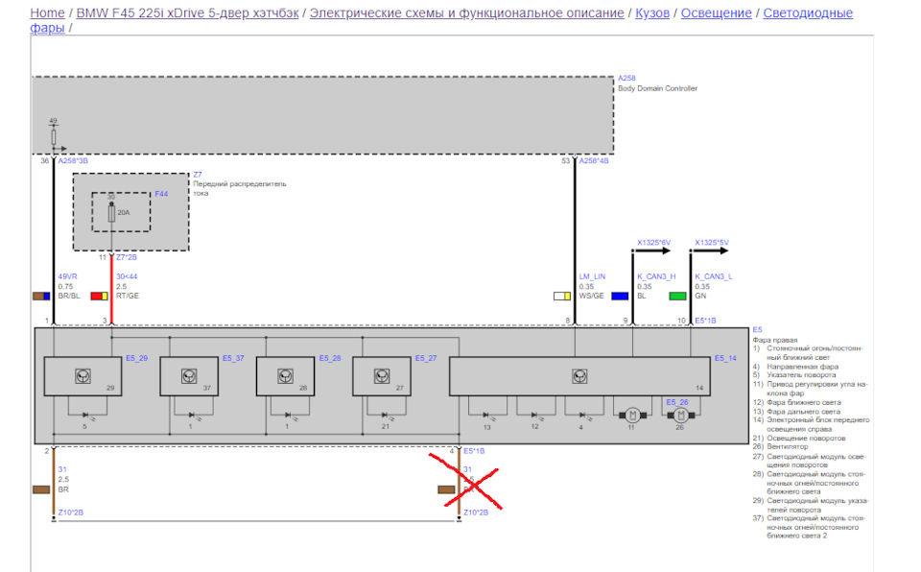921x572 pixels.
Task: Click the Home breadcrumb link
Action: point(48,13)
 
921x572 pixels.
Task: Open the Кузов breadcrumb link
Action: point(652,13)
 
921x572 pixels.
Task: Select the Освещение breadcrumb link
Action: point(716,13)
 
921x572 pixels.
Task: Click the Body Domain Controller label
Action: point(657,88)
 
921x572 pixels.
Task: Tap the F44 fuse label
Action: point(161,193)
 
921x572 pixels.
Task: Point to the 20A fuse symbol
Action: point(112,212)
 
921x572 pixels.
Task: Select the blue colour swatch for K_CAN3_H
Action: point(620,298)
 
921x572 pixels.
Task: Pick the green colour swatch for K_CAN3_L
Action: point(677,298)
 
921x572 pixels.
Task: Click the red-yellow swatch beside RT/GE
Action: point(99,298)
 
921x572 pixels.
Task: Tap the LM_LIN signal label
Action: point(592,276)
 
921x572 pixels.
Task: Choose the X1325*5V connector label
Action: point(712,242)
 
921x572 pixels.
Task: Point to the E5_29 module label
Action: point(136,358)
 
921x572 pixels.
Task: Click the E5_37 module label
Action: point(233,358)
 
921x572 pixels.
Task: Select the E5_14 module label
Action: point(725,358)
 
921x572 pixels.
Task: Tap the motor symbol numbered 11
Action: point(632,415)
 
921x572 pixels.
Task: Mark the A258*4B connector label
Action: point(594,161)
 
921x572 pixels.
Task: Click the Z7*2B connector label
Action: point(128,257)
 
